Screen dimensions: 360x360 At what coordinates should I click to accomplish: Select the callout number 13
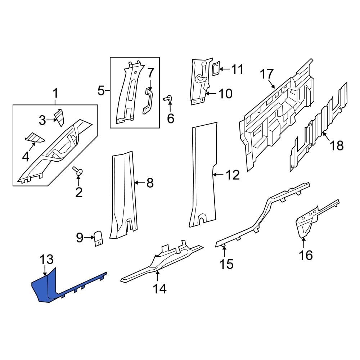[x=46, y=260]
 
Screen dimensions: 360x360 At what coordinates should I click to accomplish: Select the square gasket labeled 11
[x=215, y=69]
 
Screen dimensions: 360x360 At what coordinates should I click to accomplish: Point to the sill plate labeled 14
[x=162, y=263]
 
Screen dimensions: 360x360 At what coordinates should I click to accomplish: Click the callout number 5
[x=101, y=90]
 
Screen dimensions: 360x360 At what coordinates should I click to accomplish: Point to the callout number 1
[x=55, y=94]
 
